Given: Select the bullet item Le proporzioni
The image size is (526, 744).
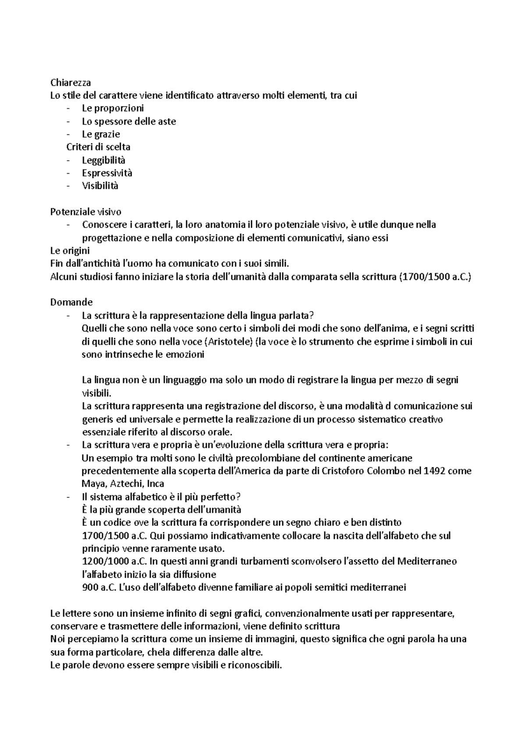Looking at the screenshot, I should click(113, 108).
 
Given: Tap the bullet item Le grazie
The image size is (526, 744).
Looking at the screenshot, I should click(101, 134).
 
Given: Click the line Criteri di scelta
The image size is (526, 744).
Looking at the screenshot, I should click(98, 147).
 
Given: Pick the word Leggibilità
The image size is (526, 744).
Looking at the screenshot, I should click(103, 160).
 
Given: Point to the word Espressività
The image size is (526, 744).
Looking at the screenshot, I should click(107, 173).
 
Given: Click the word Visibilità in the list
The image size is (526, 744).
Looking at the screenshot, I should click(100, 186).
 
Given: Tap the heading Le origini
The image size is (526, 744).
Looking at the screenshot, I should click(70, 251).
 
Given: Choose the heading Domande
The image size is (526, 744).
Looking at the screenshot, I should click(71, 302).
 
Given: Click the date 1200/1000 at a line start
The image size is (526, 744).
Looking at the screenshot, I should click(105, 561).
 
